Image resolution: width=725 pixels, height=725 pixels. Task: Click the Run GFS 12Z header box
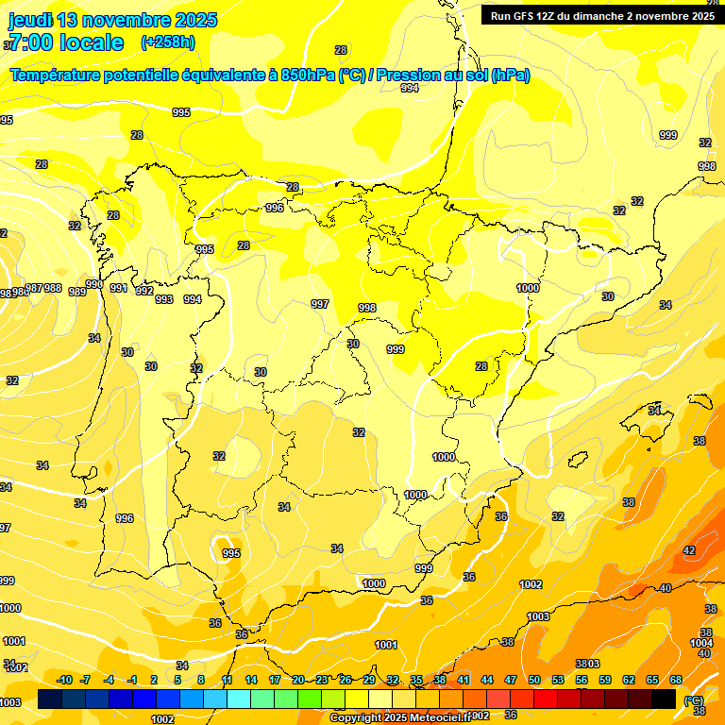tap(602, 16)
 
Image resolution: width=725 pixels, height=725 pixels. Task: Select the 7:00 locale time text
tap(65, 42)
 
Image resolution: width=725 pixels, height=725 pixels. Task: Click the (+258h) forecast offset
tap(167, 42)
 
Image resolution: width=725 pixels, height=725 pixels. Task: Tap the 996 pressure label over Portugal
tap(125, 518)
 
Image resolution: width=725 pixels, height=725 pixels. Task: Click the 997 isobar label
tap(320, 304)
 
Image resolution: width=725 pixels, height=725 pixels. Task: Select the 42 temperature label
tap(689, 550)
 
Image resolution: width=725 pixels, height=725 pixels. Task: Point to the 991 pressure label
tap(118, 288)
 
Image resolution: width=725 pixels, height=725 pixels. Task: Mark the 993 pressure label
tap(164, 299)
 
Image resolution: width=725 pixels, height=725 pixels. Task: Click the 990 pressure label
tap(94, 284)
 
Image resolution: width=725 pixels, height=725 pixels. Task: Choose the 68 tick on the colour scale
tap(676, 680)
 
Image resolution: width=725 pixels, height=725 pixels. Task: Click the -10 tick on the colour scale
tap(64, 680)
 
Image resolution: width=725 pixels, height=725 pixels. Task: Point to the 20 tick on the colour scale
tap(298, 680)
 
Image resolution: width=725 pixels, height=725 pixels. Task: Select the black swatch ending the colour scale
tap(664, 699)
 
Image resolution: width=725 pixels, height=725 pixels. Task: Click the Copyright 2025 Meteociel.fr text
tap(399, 717)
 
